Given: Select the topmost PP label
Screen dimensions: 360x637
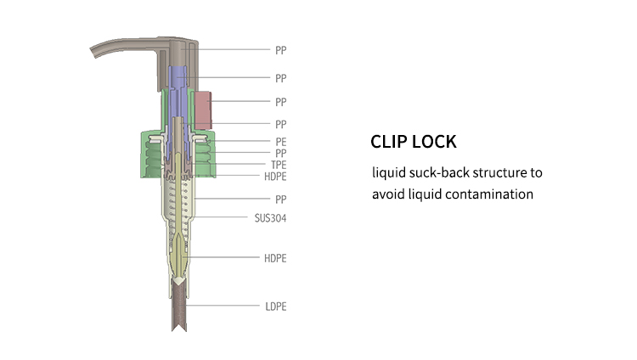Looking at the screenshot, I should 280,50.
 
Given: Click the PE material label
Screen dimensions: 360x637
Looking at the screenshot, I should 280,140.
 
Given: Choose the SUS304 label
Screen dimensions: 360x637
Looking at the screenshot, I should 269,217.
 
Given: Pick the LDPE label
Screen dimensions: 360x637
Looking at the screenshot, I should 275,306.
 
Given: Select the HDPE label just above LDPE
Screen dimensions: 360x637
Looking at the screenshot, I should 275,257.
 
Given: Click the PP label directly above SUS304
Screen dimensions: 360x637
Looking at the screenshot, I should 280,200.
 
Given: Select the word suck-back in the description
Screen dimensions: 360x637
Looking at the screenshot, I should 436,173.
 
